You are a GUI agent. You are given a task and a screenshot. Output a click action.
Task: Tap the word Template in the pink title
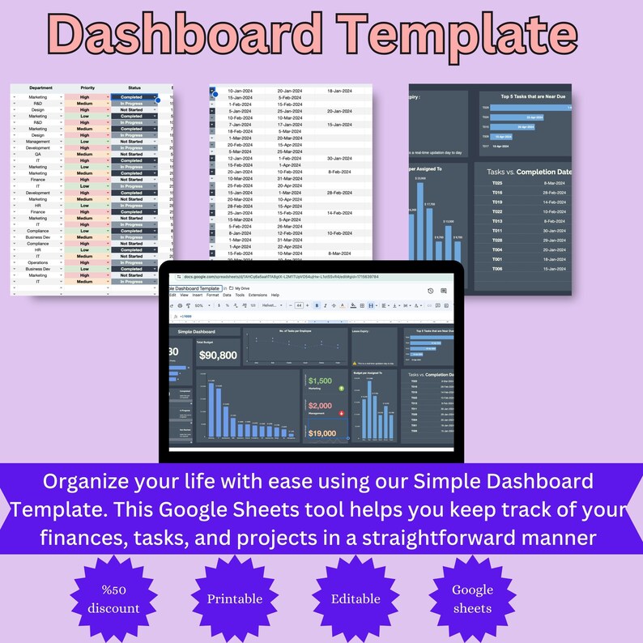[x=458, y=37]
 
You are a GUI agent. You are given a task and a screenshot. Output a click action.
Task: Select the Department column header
[x=40, y=87]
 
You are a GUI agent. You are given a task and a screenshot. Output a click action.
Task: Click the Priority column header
[x=87, y=87]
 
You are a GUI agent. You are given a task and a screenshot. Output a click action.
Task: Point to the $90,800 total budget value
[x=218, y=355]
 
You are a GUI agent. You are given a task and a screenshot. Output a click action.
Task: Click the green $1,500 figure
[x=320, y=381]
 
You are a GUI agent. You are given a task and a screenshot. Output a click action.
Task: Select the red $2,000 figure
[x=320, y=406]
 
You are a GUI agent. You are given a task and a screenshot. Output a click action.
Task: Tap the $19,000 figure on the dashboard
[x=322, y=433]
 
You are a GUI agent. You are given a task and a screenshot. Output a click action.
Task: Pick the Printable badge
[x=234, y=599]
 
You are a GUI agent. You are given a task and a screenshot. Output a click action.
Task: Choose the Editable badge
[x=356, y=599]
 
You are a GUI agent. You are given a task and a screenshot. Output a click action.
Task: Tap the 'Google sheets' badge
[x=472, y=598]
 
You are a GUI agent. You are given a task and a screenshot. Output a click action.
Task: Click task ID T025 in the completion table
[x=497, y=183]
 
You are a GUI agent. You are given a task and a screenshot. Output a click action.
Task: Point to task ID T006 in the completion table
[x=497, y=268]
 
